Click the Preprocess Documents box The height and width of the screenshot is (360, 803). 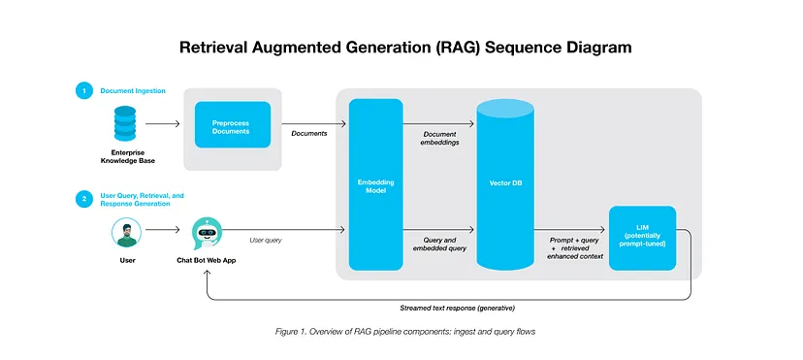[233, 124]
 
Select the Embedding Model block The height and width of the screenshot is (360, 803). [376, 184]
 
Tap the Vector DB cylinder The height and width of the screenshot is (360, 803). [505, 183]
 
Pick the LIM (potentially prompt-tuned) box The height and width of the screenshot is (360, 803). [642, 238]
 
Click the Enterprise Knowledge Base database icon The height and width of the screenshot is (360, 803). [125, 123]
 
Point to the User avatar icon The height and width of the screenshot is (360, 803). [126, 233]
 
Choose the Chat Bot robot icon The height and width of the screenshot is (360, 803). [207, 234]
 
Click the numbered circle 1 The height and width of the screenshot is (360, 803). [83, 91]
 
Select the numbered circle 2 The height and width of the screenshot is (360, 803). [83, 199]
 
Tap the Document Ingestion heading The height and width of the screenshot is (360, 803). [133, 90]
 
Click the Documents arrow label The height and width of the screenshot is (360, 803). [309, 134]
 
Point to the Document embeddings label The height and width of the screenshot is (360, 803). [439, 138]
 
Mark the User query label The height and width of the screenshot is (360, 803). [266, 241]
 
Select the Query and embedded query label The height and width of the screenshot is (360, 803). [438, 245]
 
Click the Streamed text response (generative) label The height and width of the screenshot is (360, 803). [458, 309]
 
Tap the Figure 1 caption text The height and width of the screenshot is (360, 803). [405, 332]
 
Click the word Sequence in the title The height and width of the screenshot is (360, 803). [517, 48]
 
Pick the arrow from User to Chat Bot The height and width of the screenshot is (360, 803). [163, 230]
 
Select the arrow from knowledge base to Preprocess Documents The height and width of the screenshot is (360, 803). [163, 123]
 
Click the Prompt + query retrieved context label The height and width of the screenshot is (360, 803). [576, 247]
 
